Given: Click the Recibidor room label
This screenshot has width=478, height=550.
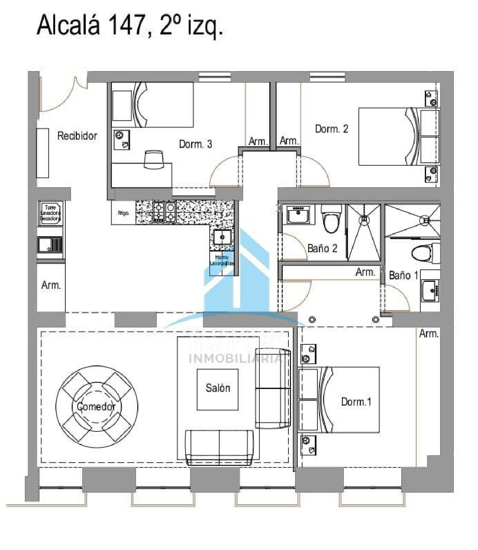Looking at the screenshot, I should coord(77,136).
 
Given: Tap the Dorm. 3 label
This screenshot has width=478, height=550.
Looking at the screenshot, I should coord(195,144).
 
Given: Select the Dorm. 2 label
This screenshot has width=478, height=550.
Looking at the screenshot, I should coord(331,129).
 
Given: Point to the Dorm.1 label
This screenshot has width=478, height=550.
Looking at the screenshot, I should coord(356,402).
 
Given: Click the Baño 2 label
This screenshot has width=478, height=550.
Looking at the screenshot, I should coord(322,248).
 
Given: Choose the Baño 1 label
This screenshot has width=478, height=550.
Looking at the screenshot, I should coord(403,275).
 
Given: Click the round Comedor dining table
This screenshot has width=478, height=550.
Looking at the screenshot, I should coord(97,407).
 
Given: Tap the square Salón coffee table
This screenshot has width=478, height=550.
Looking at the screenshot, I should coord(218,389).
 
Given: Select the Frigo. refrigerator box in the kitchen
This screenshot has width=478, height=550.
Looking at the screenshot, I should coord(123,213).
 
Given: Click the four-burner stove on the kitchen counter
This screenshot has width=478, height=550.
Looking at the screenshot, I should coord(165,212).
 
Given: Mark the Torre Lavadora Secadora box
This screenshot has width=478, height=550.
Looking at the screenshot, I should coord(50,213).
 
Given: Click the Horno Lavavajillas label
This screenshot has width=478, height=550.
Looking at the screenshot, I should coord(222,260).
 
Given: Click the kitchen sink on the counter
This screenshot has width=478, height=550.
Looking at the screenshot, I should coord(222,237).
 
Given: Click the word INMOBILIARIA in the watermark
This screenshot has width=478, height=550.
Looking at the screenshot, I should coord(235,358).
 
